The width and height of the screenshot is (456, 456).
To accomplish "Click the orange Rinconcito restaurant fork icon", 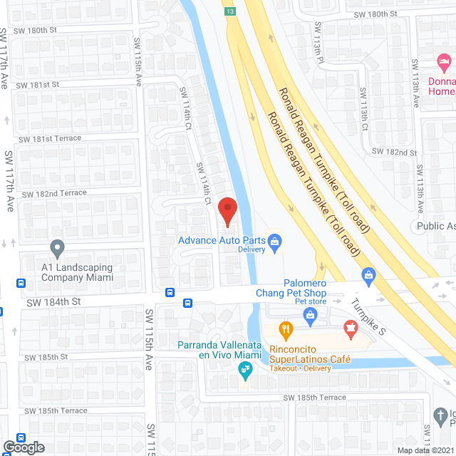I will (286, 329).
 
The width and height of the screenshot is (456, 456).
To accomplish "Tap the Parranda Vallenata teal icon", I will (244, 368).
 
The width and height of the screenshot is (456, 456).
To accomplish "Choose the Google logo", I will (23, 447).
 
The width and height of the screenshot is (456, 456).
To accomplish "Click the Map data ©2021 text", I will (426, 450).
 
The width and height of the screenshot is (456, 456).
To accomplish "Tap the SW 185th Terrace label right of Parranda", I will (314, 397).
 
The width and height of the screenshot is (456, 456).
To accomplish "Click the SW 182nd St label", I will (397, 152).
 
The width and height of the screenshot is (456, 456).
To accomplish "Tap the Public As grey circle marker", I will (421, 226).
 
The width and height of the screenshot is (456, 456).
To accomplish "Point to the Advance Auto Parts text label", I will (217, 240).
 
